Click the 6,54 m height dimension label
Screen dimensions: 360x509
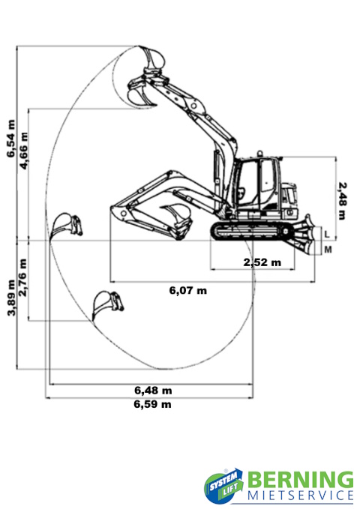(x=11, y=139)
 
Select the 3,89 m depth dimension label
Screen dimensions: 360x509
(x=11, y=298)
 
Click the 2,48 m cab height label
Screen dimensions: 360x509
(x=342, y=201)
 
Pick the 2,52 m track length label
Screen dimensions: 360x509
(x=262, y=262)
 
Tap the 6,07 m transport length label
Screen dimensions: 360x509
(x=187, y=290)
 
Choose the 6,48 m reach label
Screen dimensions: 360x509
(x=153, y=391)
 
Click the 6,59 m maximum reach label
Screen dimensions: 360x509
(x=152, y=404)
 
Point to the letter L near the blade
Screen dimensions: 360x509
(x=327, y=234)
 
